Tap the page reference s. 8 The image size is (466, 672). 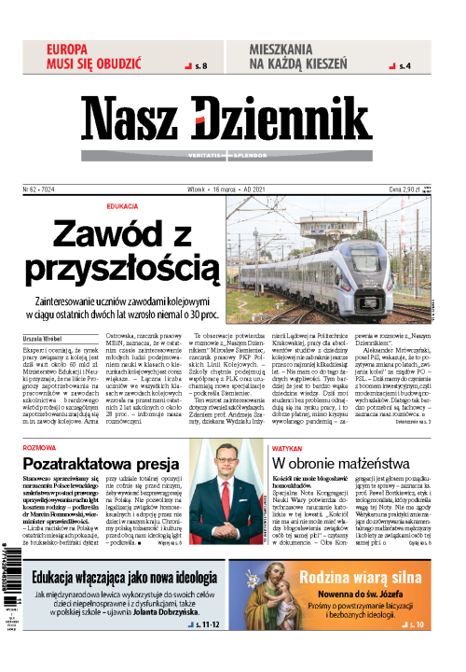click(x=201, y=65)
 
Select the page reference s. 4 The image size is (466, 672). click(x=403, y=65)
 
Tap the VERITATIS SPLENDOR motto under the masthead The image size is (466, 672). click(x=233, y=154)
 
